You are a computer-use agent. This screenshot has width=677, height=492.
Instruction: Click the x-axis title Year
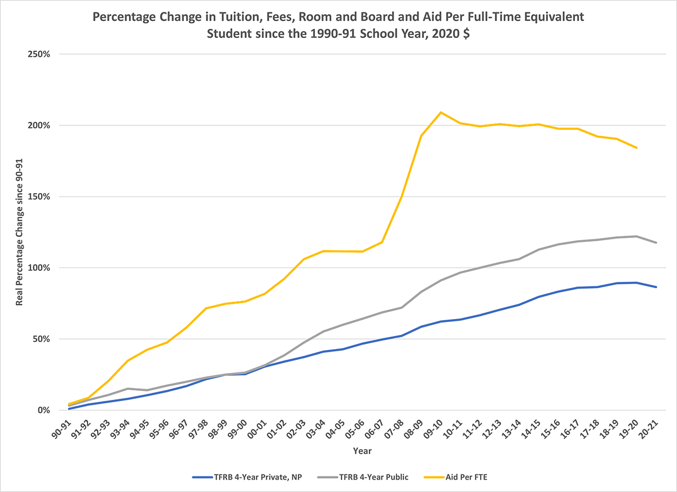pos(362,451)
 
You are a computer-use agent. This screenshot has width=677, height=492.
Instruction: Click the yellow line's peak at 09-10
pos(441,112)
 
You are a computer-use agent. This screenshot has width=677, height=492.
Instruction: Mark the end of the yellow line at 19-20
pos(637,148)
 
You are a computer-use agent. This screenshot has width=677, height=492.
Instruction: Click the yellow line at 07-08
pos(401,197)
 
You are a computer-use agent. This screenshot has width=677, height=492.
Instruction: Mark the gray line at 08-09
pos(421,292)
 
